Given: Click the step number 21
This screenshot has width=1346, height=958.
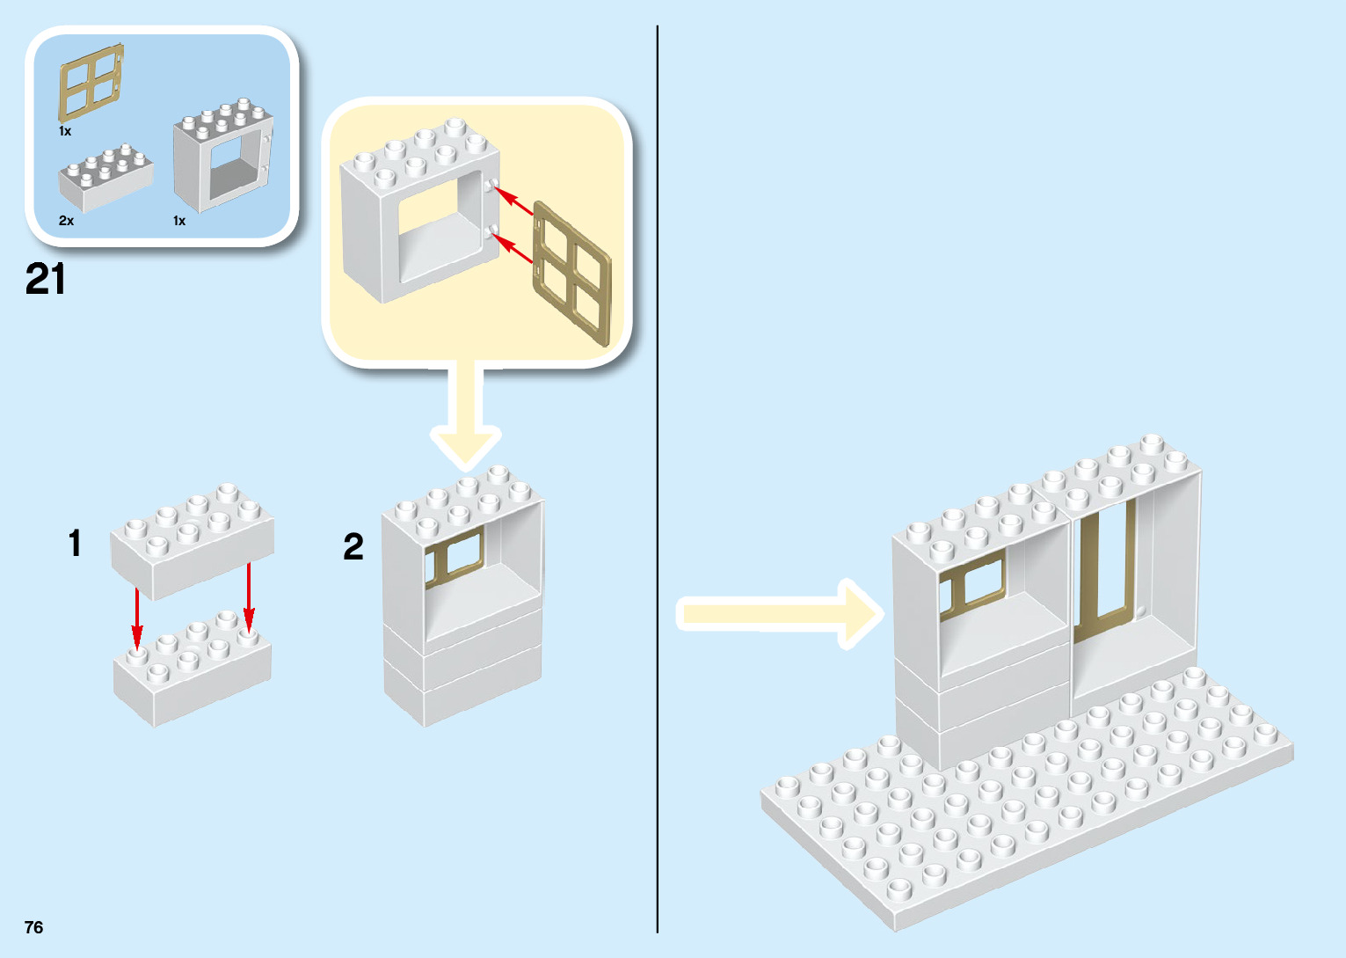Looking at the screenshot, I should click(x=46, y=280).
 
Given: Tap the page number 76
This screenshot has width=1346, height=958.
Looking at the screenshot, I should click(x=34, y=927).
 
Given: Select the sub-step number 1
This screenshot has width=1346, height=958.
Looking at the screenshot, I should click(x=76, y=544).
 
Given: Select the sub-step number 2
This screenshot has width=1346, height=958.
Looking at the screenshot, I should click(x=353, y=547).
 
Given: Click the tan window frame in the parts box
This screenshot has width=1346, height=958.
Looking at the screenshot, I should click(x=91, y=83).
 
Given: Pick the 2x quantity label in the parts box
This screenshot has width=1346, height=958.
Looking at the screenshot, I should click(x=66, y=221).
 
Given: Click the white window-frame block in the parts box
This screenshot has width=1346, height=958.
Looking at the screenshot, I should click(x=223, y=158).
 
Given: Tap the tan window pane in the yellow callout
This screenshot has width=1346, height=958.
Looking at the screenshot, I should click(x=571, y=273).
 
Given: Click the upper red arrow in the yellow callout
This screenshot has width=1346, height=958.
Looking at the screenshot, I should click(x=513, y=201).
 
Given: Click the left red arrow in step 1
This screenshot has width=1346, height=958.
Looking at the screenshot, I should click(x=137, y=616).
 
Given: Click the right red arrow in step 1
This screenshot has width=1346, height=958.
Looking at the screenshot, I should click(x=249, y=598).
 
